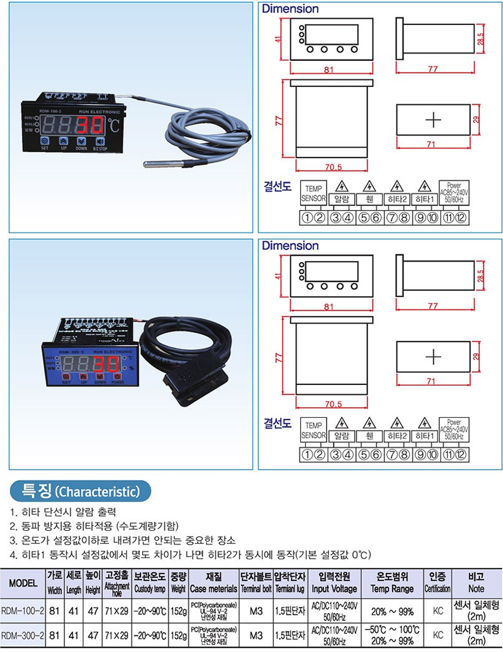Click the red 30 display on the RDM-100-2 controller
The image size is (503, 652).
[90, 125]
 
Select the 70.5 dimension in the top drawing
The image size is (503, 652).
[333, 167]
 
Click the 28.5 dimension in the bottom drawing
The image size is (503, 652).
[480, 276]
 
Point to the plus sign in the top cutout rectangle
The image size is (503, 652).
[433, 120]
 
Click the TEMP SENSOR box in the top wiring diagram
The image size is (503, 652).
[313, 194]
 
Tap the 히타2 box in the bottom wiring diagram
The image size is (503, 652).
[397, 436]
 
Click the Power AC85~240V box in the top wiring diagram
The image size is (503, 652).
[454, 193]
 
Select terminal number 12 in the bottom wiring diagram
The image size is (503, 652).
[460, 454]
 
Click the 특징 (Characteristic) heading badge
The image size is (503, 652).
[80, 491]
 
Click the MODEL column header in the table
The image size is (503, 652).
[23, 583]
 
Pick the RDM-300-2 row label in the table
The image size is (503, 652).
[23, 635]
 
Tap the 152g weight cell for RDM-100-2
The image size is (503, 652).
[178, 611]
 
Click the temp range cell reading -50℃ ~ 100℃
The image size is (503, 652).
[392, 630]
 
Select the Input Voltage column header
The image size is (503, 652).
[334, 583]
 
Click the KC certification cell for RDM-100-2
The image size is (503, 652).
[438, 611]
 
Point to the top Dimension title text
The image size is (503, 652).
[290, 9]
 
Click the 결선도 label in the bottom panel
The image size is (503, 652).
[277, 423]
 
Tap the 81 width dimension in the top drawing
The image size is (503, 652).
[329, 70]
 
